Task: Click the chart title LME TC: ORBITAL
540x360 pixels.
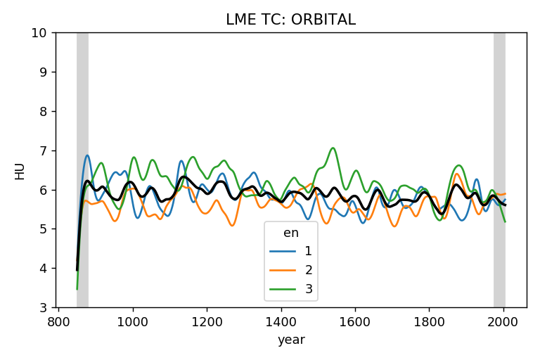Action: (x=290, y=20)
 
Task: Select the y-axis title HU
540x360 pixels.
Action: (x=20, y=170)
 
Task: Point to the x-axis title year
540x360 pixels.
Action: (x=290, y=340)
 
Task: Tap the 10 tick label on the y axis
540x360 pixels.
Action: (x=40, y=33)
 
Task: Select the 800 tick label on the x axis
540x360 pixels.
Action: (x=58, y=321)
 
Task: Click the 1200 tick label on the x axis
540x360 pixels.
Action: (x=206, y=321)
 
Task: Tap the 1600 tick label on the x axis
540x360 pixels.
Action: (x=354, y=321)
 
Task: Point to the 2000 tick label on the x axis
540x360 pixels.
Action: (x=503, y=321)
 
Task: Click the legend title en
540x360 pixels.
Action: (x=290, y=233)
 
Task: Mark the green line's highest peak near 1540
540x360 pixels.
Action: (x=333, y=148)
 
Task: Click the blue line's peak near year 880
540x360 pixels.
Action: (x=87, y=155)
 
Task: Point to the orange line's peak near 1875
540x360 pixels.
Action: (x=457, y=174)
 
